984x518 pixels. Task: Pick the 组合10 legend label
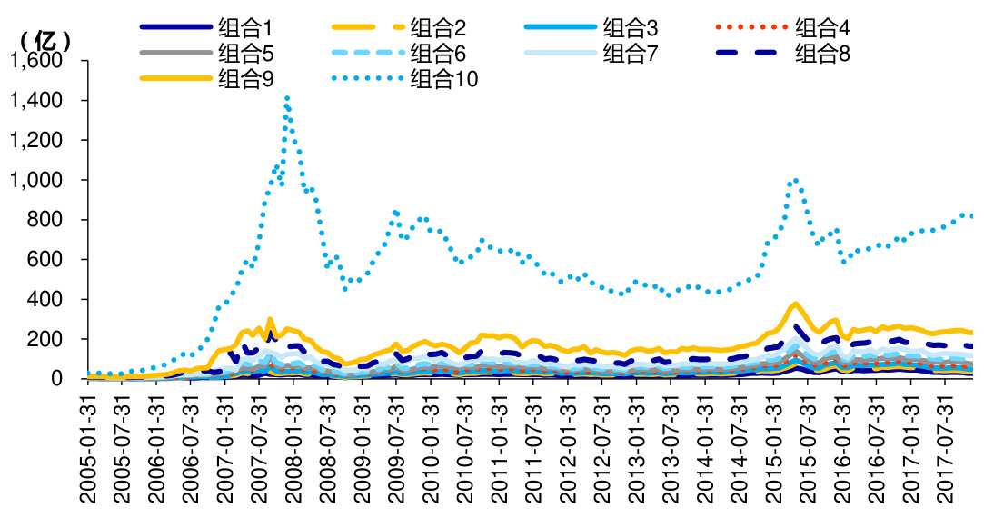coord(444,80)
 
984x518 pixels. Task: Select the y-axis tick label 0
coord(69,378)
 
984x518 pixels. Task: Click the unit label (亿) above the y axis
coord(43,40)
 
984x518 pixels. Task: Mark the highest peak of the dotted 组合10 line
coord(287,96)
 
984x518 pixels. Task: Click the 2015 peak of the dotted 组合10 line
coord(796,179)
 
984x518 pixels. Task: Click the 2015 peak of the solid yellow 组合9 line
coord(796,304)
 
